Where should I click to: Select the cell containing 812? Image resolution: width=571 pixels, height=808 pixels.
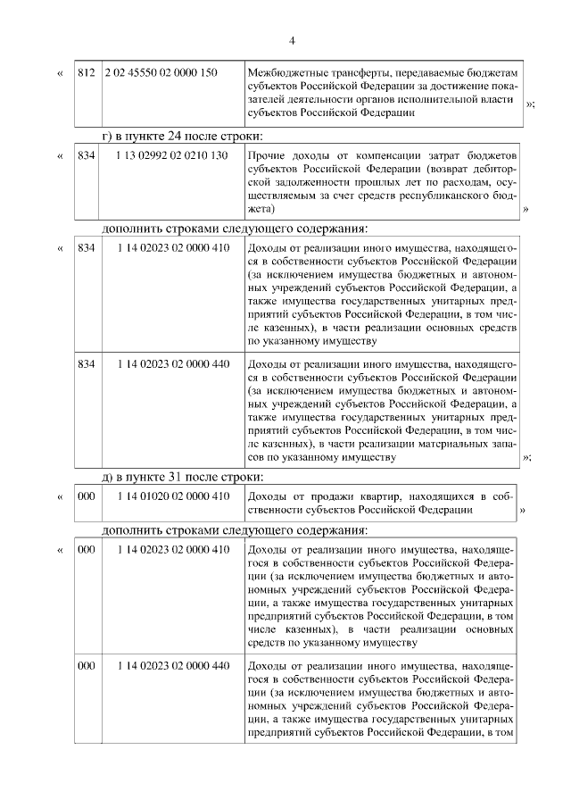click(87, 71)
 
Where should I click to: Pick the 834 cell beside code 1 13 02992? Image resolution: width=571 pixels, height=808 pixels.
click(87, 155)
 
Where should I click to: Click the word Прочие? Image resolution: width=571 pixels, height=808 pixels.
click(267, 155)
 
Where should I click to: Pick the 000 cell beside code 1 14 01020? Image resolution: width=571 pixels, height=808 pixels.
click(87, 496)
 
